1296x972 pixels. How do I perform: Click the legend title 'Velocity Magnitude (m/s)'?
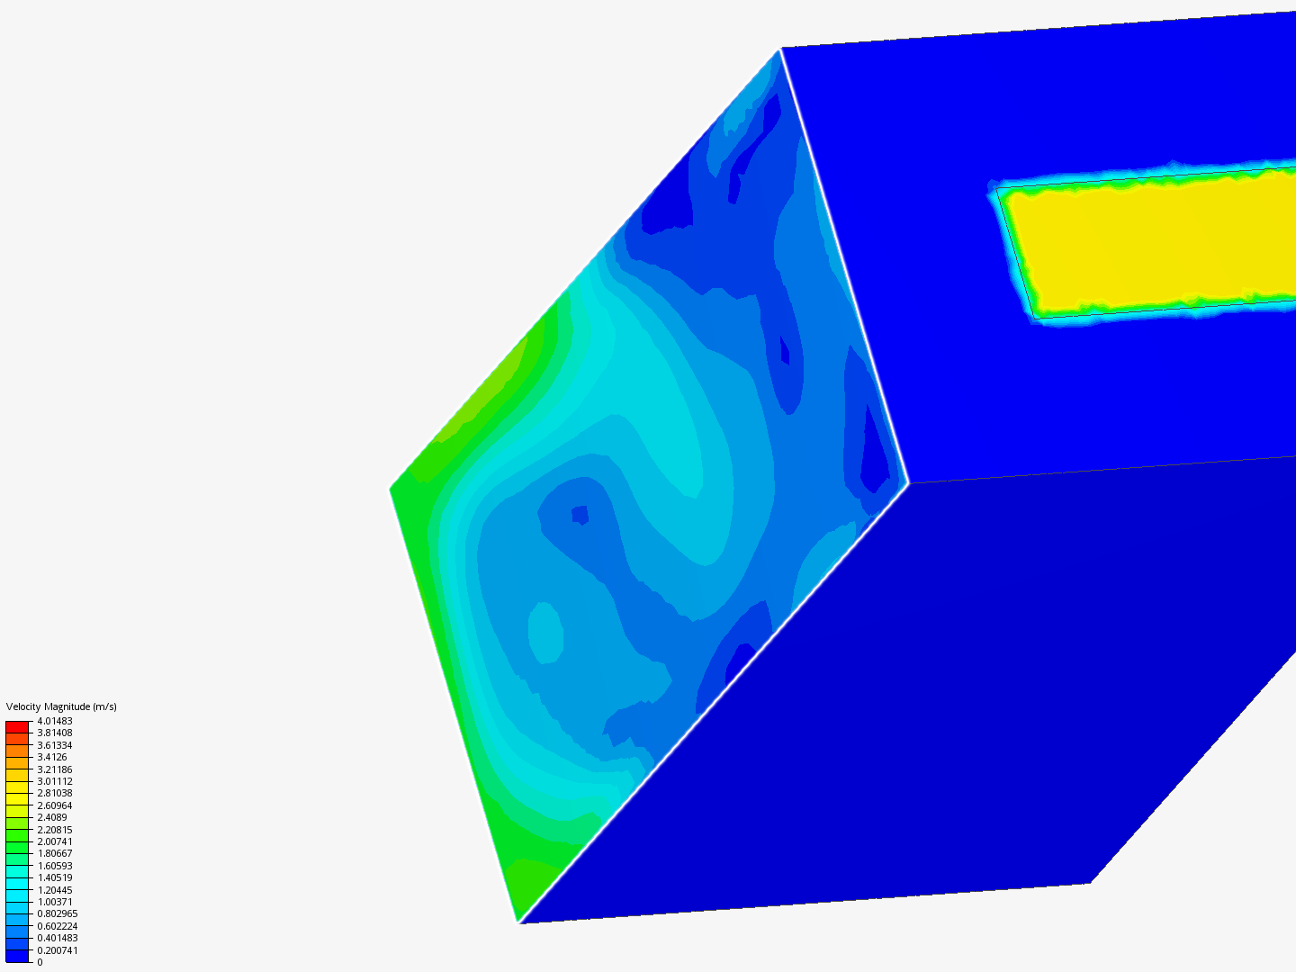pos(61,706)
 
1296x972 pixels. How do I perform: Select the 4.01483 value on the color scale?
pos(55,721)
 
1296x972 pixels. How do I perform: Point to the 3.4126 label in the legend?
pos(52,757)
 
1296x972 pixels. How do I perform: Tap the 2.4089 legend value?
pos(52,817)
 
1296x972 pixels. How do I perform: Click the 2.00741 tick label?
pos(55,841)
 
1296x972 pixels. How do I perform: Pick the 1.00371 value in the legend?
pos(55,902)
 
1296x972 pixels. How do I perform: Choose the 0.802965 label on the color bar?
pos(58,913)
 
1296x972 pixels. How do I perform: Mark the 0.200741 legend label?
pos(58,950)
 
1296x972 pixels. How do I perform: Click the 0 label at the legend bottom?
pos(40,962)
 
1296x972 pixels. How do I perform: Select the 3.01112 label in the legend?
pos(55,781)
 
